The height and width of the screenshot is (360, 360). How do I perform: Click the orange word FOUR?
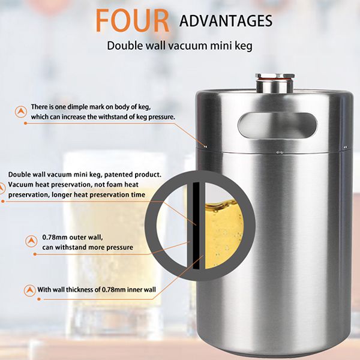(133, 20)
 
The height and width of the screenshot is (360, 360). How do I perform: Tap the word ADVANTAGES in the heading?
(226, 21)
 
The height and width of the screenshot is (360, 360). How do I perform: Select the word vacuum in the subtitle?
(187, 46)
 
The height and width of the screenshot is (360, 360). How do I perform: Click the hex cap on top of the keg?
(275, 76)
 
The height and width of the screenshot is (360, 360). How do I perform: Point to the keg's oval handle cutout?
(277, 125)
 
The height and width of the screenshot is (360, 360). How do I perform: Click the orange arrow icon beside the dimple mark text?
(21, 112)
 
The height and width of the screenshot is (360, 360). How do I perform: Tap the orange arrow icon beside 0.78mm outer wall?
(31, 241)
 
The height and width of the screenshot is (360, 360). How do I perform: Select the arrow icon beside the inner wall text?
(30, 290)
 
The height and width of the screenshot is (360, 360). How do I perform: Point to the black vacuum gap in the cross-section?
(196, 226)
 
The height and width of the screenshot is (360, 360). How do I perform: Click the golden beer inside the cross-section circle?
(223, 233)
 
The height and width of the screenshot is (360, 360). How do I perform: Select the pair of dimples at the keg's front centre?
(280, 152)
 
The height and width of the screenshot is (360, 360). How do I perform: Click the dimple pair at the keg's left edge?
(205, 146)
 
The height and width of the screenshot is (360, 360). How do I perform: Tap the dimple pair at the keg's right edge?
(346, 147)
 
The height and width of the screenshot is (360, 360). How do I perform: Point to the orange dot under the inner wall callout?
(39, 299)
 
